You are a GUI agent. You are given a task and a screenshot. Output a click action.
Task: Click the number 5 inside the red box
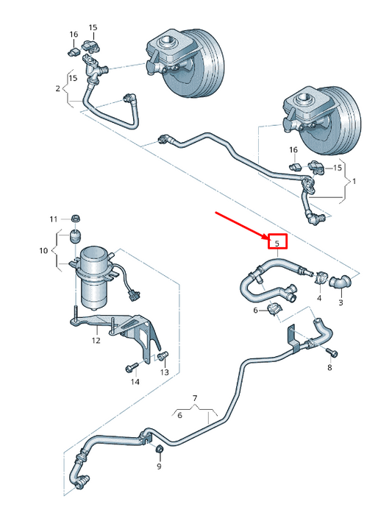[x=277, y=243]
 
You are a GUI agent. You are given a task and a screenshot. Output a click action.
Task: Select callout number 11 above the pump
[x=53, y=219]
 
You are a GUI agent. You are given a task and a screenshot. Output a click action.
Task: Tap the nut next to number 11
[x=75, y=219]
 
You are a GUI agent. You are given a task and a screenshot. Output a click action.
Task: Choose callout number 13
[x=164, y=373]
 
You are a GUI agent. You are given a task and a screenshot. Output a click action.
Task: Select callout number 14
[x=135, y=382]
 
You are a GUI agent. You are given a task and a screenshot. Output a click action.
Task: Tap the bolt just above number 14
[x=133, y=366]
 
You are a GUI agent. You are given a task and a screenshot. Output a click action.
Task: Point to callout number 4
[x=319, y=298]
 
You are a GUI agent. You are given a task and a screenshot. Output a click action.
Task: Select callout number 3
[x=341, y=302]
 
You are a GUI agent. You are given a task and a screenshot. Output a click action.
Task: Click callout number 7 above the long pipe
[x=195, y=398]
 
